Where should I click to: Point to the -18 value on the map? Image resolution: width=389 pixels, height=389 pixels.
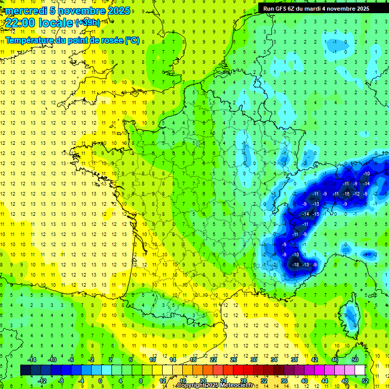coord(296,264)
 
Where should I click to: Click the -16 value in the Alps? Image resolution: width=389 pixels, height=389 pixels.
coord(346,194)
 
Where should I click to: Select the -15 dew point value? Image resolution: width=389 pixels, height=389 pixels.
coord(316,214)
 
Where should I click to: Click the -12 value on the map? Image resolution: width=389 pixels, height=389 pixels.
coord(357,194)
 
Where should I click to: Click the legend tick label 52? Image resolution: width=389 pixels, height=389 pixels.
coord(365,380)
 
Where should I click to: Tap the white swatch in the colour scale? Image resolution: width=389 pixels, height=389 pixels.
coord(360,370)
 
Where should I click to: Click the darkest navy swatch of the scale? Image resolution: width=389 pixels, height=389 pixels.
coord(26,370)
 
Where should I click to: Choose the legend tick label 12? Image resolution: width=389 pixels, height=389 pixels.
coord(162,380)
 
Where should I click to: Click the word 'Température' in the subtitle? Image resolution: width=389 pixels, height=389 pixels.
coord(30,40)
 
